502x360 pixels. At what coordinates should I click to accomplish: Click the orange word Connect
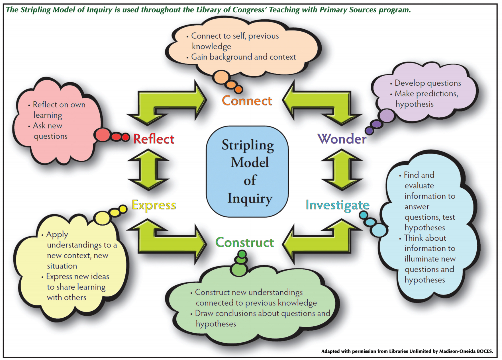coord(247,101)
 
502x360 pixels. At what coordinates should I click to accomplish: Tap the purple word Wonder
coord(342,139)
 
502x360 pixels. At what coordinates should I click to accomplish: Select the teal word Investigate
coord(337,205)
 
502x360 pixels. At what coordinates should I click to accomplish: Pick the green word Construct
coord(245,243)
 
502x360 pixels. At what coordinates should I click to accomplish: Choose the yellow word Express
coord(154,205)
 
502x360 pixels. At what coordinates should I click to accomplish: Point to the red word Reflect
coord(154,139)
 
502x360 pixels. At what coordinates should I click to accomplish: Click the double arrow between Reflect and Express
coord(148,170)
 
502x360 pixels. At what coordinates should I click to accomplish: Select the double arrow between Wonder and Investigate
coord(342,170)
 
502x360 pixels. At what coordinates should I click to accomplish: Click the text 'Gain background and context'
coord(244,57)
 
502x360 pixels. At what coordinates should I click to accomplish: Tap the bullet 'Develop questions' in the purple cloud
coord(428,83)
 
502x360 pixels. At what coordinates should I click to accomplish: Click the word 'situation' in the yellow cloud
coord(62,266)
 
